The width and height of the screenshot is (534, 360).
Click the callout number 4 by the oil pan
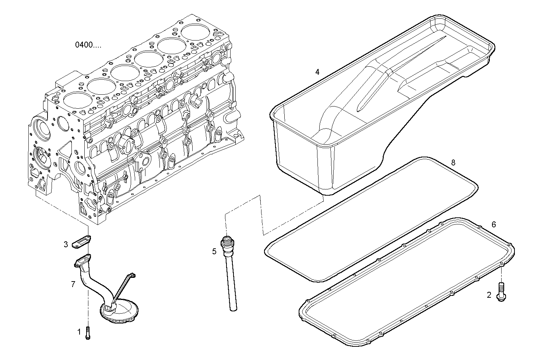(x=317, y=72)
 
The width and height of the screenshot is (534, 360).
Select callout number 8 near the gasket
(x=453, y=162)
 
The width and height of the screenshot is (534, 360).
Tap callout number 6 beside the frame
(x=494, y=224)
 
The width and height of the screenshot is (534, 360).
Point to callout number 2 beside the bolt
(x=489, y=295)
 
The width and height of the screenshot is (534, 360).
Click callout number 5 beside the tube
(x=214, y=252)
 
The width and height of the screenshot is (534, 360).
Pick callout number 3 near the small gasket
(x=66, y=244)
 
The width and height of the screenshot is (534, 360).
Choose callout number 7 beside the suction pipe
(x=73, y=284)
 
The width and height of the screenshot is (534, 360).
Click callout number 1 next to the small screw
(x=78, y=332)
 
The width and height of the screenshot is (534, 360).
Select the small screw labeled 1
(x=88, y=333)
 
